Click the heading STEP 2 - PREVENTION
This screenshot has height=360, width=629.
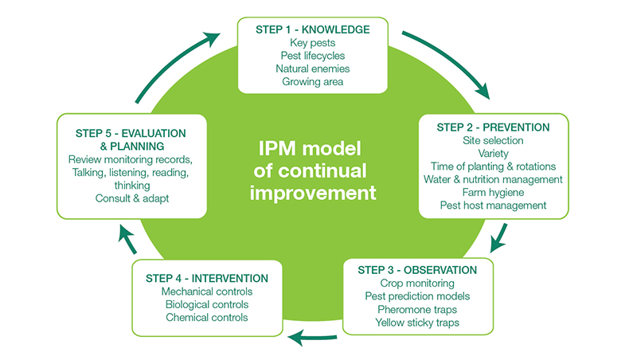(x=493, y=127)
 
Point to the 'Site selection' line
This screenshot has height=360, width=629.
(x=493, y=140)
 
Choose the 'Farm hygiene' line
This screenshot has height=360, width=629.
(x=493, y=192)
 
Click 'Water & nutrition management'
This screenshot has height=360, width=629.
(x=493, y=179)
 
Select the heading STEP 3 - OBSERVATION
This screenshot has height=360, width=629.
(x=418, y=270)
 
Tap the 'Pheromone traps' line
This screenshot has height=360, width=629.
(x=418, y=309)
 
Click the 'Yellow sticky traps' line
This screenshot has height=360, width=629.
(x=418, y=322)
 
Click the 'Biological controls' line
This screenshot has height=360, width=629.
(x=207, y=304)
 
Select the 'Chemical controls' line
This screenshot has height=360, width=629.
(x=207, y=317)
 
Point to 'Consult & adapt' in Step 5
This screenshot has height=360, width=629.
(x=132, y=198)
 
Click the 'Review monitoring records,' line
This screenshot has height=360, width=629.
(x=132, y=159)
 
